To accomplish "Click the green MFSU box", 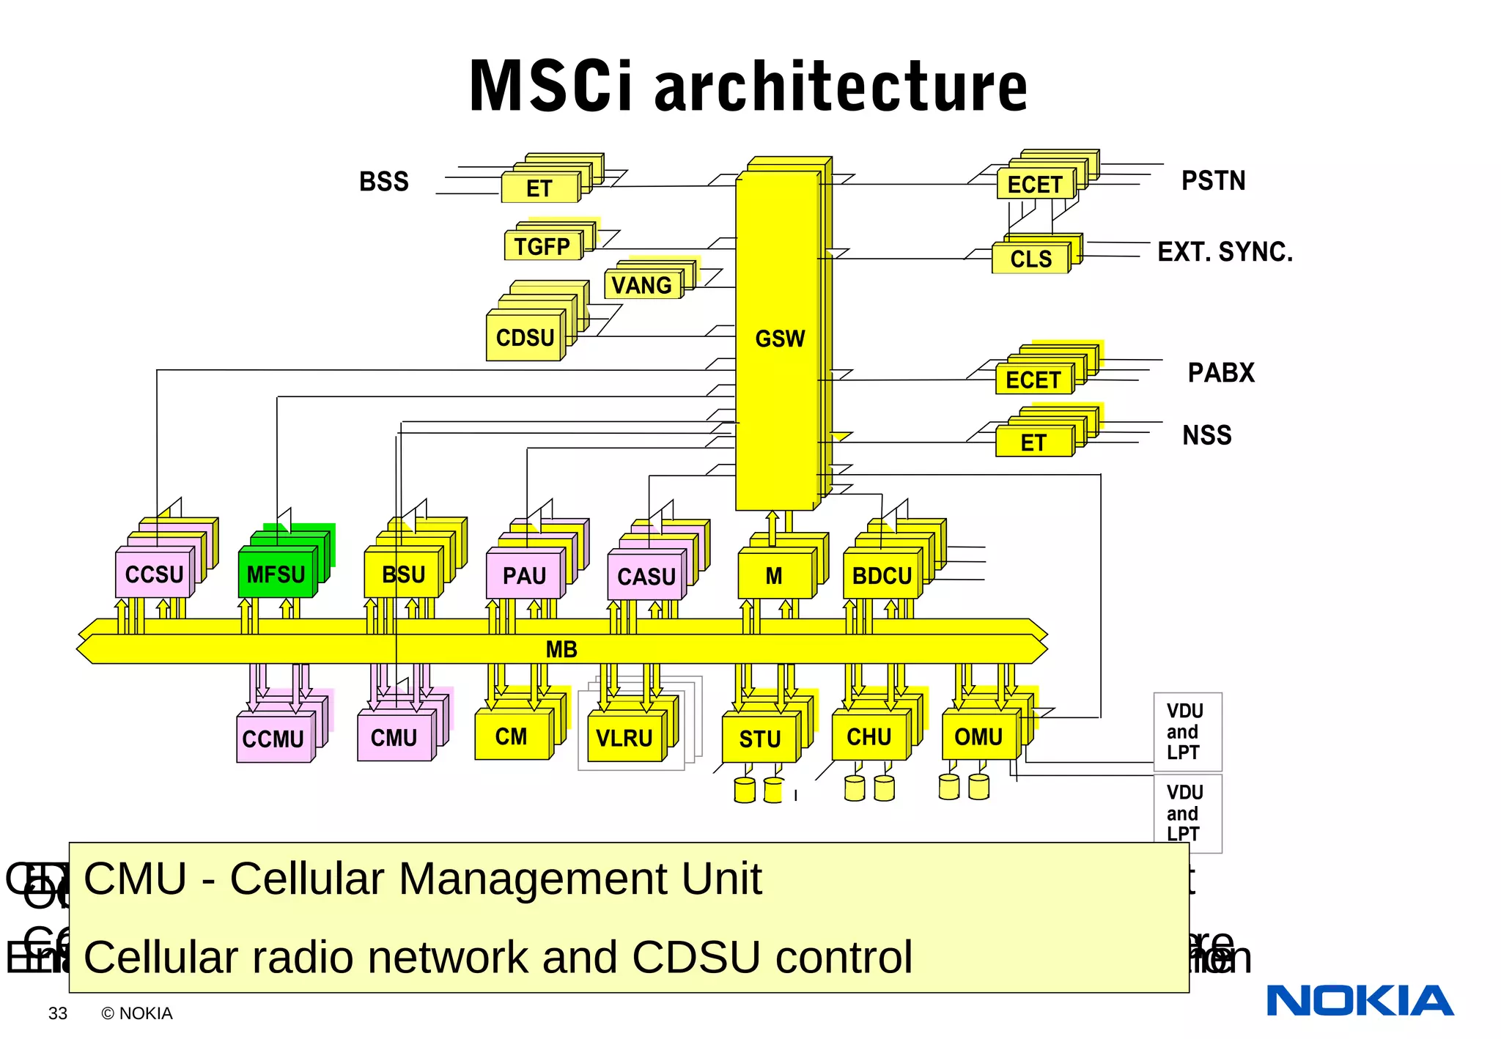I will pyautogui.click(x=276, y=574).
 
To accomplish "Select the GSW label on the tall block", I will pyautogui.click(x=779, y=339).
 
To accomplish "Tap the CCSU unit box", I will pyautogui.click(x=154, y=574).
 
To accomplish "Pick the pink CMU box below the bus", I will pyautogui.click(x=394, y=737).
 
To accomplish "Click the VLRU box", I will pyautogui.click(x=624, y=738).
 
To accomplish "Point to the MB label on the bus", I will pyautogui.click(x=561, y=649).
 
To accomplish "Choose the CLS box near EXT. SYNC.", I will pyautogui.click(x=1030, y=259).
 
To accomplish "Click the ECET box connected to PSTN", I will pyautogui.click(x=1034, y=185).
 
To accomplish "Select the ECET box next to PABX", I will pyautogui.click(x=1033, y=380).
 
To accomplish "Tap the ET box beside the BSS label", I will pyautogui.click(x=539, y=189).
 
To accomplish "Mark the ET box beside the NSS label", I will pyautogui.click(x=1033, y=443).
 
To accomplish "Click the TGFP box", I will pyautogui.click(x=542, y=246).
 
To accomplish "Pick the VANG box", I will pyautogui.click(x=641, y=285).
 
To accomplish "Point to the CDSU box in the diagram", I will pyautogui.click(x=525, y=338).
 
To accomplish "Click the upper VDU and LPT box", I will pyautogui.click(x=1187, y=731).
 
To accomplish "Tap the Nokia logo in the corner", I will pyautogui.click(x=1360, y=1000).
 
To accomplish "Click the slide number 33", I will pyautogui.click(x=58, y=1013).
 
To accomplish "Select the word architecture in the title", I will pyautogui.click(x=841, y=87).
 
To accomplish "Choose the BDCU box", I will pyautogui.click(x=882, y=576).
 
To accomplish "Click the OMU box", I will pyautogui.click(x=978, y=736).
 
